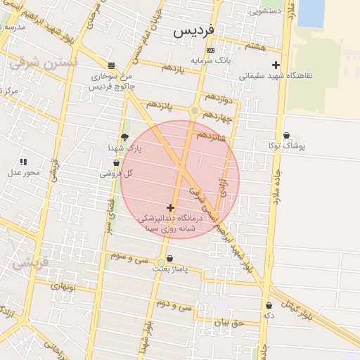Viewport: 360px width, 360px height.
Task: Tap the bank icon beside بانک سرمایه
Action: tap(210, 51)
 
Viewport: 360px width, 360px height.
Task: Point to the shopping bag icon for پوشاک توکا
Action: tap(286, 136)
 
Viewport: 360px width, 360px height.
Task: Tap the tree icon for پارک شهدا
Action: tap(125, 137)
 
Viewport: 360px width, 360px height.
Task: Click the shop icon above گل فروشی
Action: tap(116, 162)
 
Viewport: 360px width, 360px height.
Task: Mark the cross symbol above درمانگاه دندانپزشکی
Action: tap(170, 207)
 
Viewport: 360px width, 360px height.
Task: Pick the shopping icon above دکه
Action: tap(269, 305)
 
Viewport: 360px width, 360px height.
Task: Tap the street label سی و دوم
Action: tap(174, 306)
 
